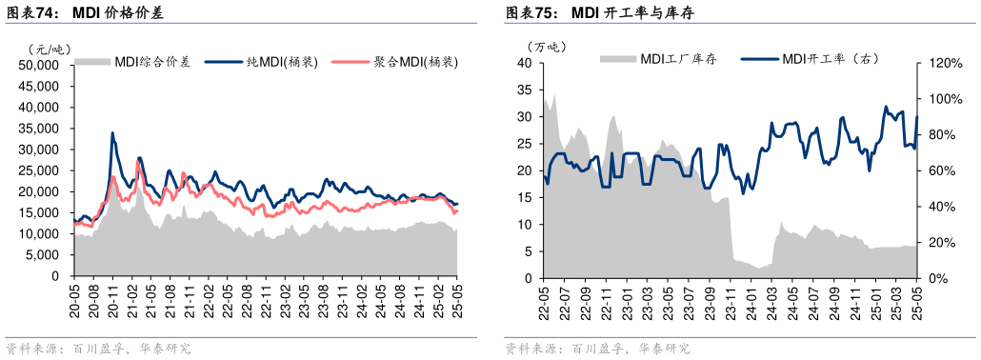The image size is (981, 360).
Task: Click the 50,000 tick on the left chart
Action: [x=39, y=66]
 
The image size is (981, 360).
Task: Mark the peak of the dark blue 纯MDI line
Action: [x=112, y=133]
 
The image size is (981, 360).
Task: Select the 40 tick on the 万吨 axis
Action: [x=523, y=64]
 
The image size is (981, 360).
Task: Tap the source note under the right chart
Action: [x=596, y=349]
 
